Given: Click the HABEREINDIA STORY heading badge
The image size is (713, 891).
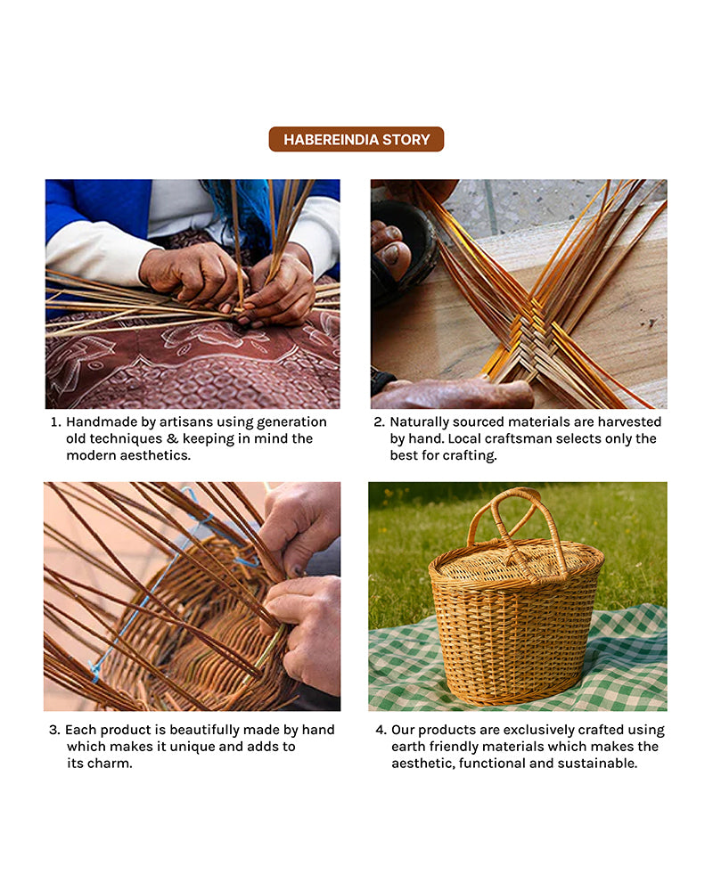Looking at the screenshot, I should click(x=356, y=139).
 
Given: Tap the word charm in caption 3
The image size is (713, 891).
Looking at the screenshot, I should click(x=111, y=764).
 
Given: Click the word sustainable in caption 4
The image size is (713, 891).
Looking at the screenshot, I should click(x=598, y=764).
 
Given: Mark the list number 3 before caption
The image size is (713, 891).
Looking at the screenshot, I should click(x=54, y=730).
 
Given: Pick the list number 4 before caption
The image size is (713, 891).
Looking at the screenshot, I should click(x=379, y=730).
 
